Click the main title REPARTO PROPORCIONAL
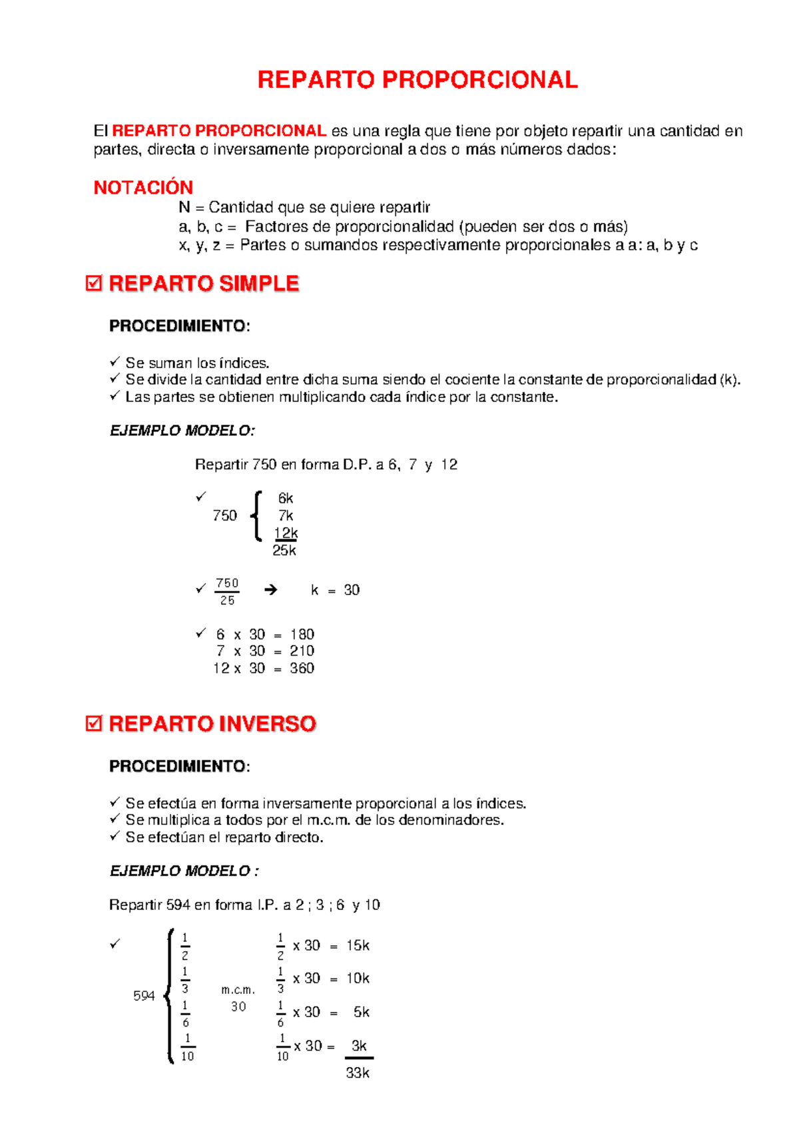[x=417, y=80]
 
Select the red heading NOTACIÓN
[x=143, y=188]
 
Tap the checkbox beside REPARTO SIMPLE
[x=94, y=284]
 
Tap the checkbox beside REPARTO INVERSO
[x=94, y=724]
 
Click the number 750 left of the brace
[x=224, y=515]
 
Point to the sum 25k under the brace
[x=284, y=551]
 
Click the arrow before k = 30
[x=270, y=590]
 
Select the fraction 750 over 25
[x=227, y=591]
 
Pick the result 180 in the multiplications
[x=302, y=634]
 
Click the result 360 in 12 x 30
[x=302, y=668]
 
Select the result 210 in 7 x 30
[x=302, y=651]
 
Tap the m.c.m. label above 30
[x=238, y=990]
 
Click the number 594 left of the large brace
[x=144, y=996]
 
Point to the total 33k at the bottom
[x=358, y=1073]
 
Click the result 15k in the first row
[x=358, y=945]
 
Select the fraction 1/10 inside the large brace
[x=188, y=1047]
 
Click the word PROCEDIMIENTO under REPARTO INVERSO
[x=178, y=766]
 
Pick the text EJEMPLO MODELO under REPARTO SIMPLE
[x=182, y=431]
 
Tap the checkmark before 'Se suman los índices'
[x=115, y=361]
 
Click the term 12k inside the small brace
[x=286, y=533]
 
